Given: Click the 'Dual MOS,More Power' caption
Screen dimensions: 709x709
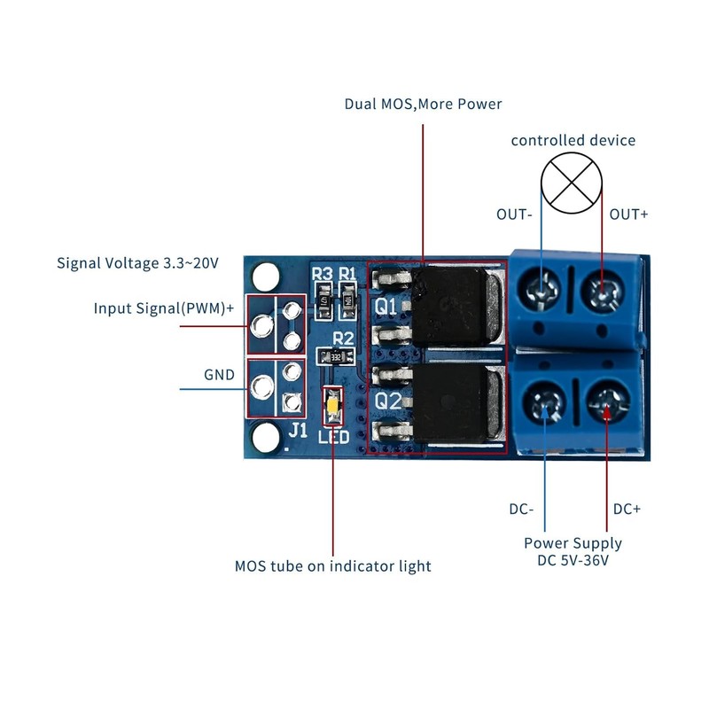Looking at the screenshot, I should [x=423, y=105].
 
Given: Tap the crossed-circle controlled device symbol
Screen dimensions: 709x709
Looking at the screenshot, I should [x=573, y=182].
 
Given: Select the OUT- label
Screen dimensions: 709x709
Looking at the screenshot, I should [x=514, y=214].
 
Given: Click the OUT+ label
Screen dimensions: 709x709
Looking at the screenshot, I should [x=629, y=214].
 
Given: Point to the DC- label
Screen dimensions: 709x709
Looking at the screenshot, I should [x=520, y=510].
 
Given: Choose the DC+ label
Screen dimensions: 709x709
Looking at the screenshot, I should [x=627, y=510].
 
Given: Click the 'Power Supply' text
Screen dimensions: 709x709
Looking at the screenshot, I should [x=573, y=543].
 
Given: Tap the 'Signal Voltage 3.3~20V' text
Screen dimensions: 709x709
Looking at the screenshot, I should [x=137, y=263].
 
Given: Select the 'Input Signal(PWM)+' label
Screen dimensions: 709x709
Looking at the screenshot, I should [x=164, y=308].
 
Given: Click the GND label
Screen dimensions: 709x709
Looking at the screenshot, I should [x=219, y=375].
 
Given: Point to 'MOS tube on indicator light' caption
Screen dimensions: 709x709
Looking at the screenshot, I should [x=333, y=565].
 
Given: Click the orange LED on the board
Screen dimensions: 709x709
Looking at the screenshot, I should [x=332, y=408].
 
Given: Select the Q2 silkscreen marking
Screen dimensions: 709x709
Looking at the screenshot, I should [x=387, y=401].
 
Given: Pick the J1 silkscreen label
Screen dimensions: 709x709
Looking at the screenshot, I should [x=299, y=431].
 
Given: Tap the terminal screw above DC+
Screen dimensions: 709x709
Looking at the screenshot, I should [x=605, y=406].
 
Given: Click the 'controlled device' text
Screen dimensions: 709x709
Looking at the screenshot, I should [x=573, y=140].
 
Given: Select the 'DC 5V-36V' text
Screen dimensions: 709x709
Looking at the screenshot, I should [x=573, y=560].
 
